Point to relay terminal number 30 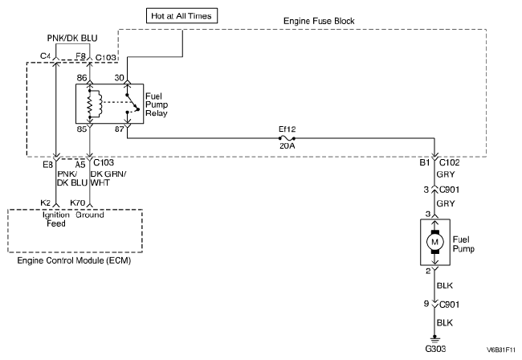(x=120, y=77)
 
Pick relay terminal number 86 (x=82, y=77)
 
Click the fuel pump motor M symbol (x=434, y=240)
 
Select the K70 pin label (x=78, y=204)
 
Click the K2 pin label (x=47, y=204)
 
